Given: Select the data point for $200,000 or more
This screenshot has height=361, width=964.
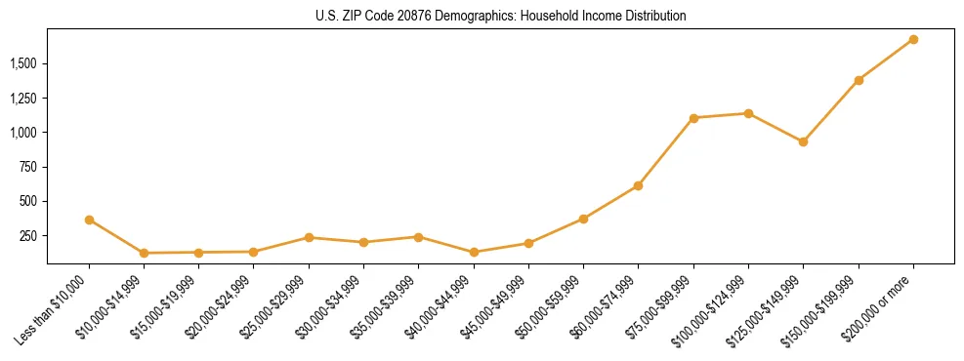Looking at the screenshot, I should tap(913, 39).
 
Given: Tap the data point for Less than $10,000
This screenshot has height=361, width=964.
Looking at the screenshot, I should tap(89, 220).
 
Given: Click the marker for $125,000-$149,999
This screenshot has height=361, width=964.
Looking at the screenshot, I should tap(803, 141).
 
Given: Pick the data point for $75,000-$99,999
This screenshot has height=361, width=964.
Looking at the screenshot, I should tap(693, 118).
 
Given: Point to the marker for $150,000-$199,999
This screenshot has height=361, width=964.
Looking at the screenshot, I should tap(859, 80).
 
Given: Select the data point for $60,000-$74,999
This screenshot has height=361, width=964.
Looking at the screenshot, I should tap(638, 185).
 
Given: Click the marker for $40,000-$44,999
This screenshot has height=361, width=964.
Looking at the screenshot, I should tap(474, 252).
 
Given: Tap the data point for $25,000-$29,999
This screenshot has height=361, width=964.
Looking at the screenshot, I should tap(309, 237).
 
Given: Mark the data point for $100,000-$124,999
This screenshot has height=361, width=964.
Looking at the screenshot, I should tap(748, 113).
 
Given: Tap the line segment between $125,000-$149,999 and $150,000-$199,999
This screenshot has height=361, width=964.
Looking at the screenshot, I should tap(831, 110).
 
